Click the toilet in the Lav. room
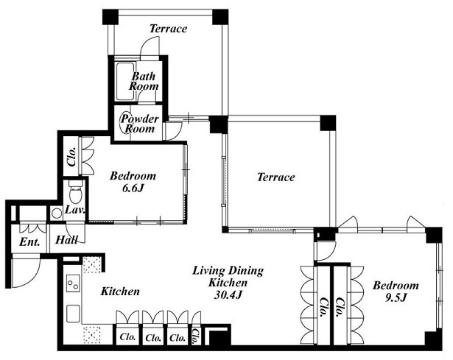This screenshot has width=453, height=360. click(76, 191)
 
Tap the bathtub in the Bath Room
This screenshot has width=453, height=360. click(124, 81)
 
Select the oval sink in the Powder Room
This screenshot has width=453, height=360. click(127, 122)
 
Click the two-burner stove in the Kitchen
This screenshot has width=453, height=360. click(73, 283)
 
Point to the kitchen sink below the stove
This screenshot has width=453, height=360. click(74, 314)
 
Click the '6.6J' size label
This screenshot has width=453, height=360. click(133, 188)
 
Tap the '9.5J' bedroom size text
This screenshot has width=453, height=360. click(396, 297)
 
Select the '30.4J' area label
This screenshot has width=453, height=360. click(228, 294)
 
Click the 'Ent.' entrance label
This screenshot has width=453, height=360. click(29, 242)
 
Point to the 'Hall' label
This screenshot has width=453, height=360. click(67, 240)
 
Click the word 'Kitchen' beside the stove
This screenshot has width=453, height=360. click(120, 292)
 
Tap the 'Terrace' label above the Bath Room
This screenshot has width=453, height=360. click(169, 28)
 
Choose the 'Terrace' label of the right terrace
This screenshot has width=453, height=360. click(276, 177)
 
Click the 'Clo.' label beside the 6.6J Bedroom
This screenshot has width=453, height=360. click(71, 157)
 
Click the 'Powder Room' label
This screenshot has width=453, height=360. click(140, 124)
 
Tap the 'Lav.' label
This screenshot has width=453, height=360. click(75, 210)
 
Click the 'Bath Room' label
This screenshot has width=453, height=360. click(144, 81)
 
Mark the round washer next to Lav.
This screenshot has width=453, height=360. click(56, 213)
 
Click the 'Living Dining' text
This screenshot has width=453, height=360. click(228, 271)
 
